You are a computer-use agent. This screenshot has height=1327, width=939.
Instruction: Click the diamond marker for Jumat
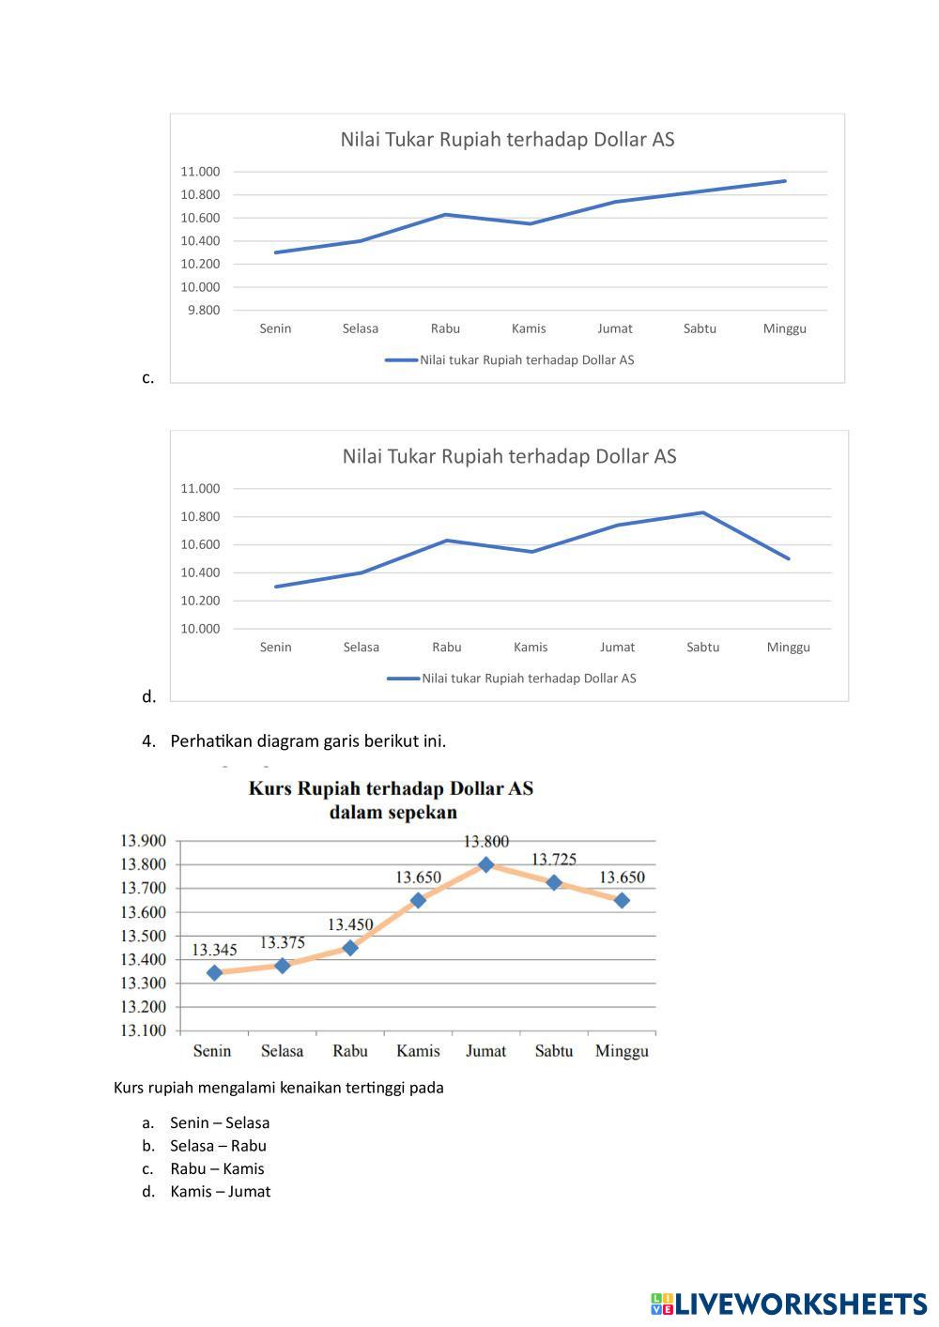coord(485,864)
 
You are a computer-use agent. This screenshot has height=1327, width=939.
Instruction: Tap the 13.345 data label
coord(214,950)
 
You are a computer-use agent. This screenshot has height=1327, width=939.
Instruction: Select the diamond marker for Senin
coord(214,973)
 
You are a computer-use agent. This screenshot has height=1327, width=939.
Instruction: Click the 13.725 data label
coord(554,860)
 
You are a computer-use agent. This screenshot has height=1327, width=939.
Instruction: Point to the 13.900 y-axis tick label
coord(143,840)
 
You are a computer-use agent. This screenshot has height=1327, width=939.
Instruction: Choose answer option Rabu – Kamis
coord(217,1168)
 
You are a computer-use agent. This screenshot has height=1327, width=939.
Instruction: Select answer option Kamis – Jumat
coord(220,1192)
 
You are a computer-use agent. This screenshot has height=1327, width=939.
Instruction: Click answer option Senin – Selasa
coord(220,1122)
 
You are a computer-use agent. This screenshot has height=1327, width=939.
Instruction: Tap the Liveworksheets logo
coord(788,1304)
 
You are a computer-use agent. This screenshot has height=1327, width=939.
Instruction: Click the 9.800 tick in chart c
coord(203,311)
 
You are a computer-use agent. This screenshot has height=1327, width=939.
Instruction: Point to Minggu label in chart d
coord(788,647)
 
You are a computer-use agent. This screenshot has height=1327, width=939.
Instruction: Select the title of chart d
coord(509,456)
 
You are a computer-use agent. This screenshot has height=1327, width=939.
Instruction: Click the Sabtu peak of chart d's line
coord(702,512)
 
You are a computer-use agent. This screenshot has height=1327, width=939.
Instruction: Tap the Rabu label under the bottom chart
coord(350,1051)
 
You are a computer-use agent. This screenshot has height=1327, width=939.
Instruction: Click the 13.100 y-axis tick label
coord(143,1030)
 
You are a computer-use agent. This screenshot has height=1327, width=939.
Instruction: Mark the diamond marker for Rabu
coord(350,948)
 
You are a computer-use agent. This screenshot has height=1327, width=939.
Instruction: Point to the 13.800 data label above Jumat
coord(485,842)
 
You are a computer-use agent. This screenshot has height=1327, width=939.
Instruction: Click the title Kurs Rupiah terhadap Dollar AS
coord(391,788)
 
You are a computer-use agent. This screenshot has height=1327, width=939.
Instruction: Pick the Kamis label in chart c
coord(529,328)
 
